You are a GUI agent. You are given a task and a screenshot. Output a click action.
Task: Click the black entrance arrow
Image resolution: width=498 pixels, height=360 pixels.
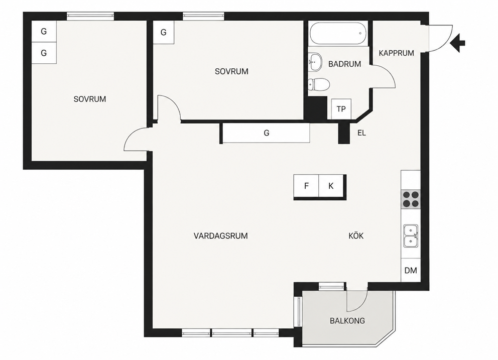click(x=457, y=43)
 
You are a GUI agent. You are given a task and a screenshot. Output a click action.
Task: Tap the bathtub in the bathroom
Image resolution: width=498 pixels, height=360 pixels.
click(x=338, y=33)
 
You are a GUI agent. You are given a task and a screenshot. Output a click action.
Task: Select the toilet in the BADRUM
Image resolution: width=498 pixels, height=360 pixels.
click(x=319, y=84)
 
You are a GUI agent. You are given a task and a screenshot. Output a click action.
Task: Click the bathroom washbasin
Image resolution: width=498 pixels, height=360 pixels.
click(x=315, y=61)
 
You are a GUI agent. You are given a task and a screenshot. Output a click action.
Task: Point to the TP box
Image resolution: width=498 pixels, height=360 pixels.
click(x=341, y=109)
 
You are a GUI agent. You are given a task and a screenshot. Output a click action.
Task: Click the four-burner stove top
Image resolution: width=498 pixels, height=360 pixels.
click(x=411, y=199)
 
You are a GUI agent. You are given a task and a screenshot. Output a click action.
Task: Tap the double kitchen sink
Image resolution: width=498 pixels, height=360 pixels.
click(x=411, y=236)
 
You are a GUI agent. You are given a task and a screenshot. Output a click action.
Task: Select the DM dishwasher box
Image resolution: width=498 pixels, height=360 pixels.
click(x=411, y=270)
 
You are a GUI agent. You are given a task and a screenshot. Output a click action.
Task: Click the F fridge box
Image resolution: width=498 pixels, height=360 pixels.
click(x=306, y=186)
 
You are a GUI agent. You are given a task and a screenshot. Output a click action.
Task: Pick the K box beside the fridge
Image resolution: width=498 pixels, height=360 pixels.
click(x=331, y=186)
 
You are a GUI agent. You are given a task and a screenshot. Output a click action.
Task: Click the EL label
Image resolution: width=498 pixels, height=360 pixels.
click(x=361, y=133)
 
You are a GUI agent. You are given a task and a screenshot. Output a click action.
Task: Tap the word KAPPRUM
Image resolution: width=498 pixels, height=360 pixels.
click(x=397, y=53)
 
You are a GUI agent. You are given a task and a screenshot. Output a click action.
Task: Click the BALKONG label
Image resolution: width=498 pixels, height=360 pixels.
click(x=347, y=321)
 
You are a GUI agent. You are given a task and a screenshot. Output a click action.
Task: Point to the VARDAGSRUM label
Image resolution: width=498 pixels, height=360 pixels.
click(x=221, y=236)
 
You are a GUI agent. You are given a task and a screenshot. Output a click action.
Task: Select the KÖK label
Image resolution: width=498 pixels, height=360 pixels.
click(x=356, y=235)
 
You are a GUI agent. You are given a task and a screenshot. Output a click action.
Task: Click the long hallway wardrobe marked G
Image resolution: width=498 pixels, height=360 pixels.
click(x=266, y=133)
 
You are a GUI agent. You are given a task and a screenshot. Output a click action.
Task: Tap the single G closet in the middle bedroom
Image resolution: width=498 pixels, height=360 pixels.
click(x=164, y=32)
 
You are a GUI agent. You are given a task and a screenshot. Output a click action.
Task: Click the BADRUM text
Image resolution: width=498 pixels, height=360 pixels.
click(x=344, y=64)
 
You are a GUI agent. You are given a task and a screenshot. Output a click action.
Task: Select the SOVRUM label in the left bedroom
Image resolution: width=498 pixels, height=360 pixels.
click(x=90, y=99)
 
